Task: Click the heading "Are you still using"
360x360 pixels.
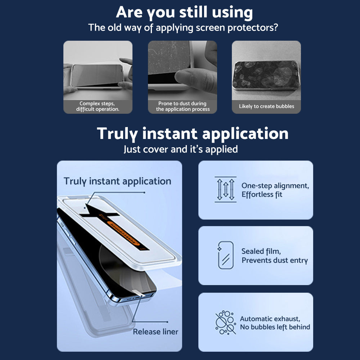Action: (x=184, y=12)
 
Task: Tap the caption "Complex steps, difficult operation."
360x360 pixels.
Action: (x=98, y=106)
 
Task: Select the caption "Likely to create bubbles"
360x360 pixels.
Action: (x=266, y=106)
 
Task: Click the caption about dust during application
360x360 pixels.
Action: (x=183, y=106)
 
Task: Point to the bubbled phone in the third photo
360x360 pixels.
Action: (x=266, y=75)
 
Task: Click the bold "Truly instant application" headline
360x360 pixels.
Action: (x=192, y=134)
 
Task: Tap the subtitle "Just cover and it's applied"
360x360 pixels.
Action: (x=181, y=149)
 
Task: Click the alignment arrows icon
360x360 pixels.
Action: (x=225, y=189)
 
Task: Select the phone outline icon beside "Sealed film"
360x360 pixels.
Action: (x=225, y=255)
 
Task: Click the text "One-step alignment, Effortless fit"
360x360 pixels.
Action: (x=275, y=190)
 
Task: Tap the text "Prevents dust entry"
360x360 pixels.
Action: (x=275, y=260)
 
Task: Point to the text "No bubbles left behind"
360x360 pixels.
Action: (x=275, y=327)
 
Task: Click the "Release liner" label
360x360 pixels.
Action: (x=156, y=332)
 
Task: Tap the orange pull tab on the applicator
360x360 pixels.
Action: (x=123, y=233)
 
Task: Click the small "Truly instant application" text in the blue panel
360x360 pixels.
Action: (x=117, y=181)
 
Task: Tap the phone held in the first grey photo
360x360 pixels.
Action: (x=98, y=76)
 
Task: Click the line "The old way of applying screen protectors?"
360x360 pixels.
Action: (x=183, y=28)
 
